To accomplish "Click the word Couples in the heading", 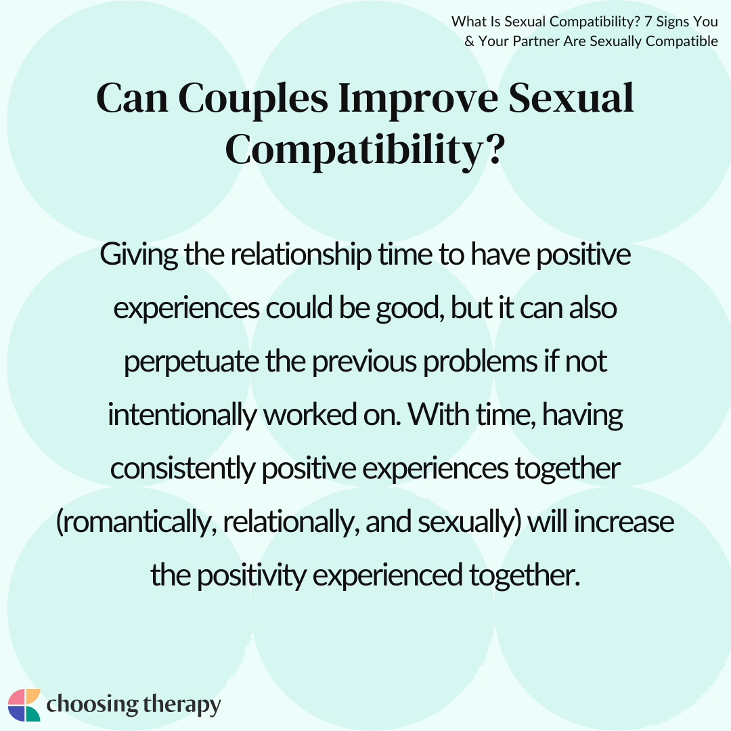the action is click(253, 99).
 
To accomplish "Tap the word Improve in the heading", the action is click(418, 99).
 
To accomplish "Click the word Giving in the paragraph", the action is click(139, 255).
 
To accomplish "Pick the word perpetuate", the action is click(191, 362).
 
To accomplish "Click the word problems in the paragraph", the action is click(480, 361).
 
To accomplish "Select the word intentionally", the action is click(182, 415).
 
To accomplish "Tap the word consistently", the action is click(183, 468).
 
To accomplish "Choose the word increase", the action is click(624, 521).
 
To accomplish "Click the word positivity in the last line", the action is click(252, 575).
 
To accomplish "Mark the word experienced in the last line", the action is click(387, 575).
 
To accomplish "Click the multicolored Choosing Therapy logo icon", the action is click(24, 705).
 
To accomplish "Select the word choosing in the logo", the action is click(92, 705).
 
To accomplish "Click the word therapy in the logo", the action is click(182, 705).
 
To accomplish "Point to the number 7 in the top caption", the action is click(648, 22).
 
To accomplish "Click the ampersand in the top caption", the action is click(470, 41).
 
